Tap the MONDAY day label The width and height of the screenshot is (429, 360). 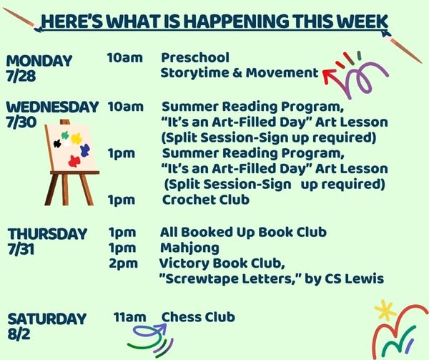[x=39, y=61]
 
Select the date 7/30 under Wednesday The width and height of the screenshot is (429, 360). [x=21, y=122]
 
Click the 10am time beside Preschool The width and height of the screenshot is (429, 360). [x=124, y=58]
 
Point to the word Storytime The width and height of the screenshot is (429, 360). [x=194, y=73]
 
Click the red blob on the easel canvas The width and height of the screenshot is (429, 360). [x=74, y=161]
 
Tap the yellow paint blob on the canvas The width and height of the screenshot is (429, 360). [x=77, y=139]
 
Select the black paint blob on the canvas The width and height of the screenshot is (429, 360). [x=57, y=143]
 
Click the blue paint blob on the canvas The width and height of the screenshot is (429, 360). [x=85, y=150]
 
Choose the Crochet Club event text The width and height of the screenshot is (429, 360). [x=206, y=200]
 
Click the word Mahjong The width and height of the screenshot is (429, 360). [x=189, y=248]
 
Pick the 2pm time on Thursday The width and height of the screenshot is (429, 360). [x=123, y=263]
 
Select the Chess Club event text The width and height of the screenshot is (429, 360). [x=198, y=317]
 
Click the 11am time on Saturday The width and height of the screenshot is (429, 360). [x=129, y=317]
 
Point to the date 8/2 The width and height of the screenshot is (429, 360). [x=19, y=334]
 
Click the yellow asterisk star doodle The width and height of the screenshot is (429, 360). [x=385, y=310]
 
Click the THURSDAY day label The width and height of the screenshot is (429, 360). [x=47, y=234]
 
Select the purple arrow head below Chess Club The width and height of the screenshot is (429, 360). [x=162, y=327]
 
